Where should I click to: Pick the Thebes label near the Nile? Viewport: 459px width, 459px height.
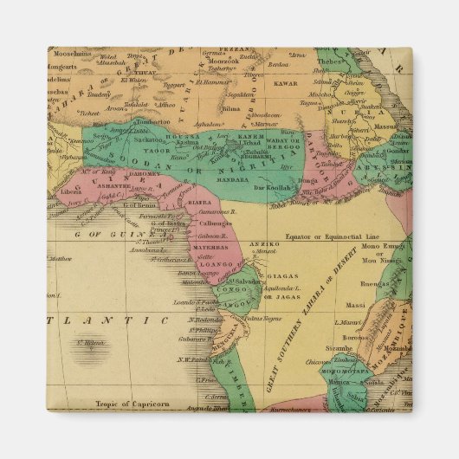(327, 61)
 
